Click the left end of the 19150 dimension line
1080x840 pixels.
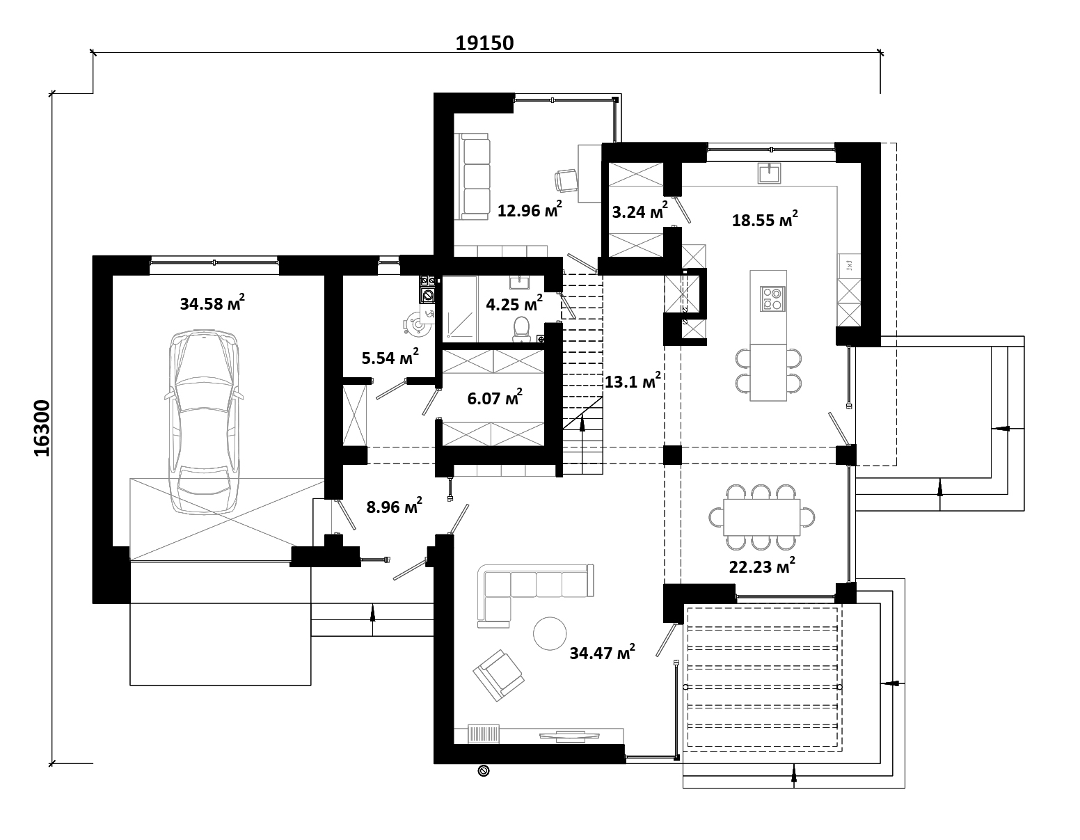93,52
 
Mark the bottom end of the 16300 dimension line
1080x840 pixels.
52,763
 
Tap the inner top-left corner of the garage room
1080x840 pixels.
113,276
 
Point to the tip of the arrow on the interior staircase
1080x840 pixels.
582,418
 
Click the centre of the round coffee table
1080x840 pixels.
550,633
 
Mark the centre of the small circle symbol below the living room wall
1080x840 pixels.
483,771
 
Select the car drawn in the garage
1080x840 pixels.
204,421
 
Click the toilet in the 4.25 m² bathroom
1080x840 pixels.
521,329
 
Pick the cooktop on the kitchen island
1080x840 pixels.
772,299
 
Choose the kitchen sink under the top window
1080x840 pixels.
770,173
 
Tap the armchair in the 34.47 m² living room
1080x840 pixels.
498,675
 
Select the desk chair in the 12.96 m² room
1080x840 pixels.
565,180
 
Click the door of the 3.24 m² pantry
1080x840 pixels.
681,211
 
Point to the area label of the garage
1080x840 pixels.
212,302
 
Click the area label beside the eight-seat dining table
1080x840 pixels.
762,566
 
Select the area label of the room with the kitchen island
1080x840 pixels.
765,219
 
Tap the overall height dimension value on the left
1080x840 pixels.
42,428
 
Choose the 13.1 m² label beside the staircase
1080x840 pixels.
632,381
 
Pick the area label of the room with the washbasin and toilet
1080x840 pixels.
514,303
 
